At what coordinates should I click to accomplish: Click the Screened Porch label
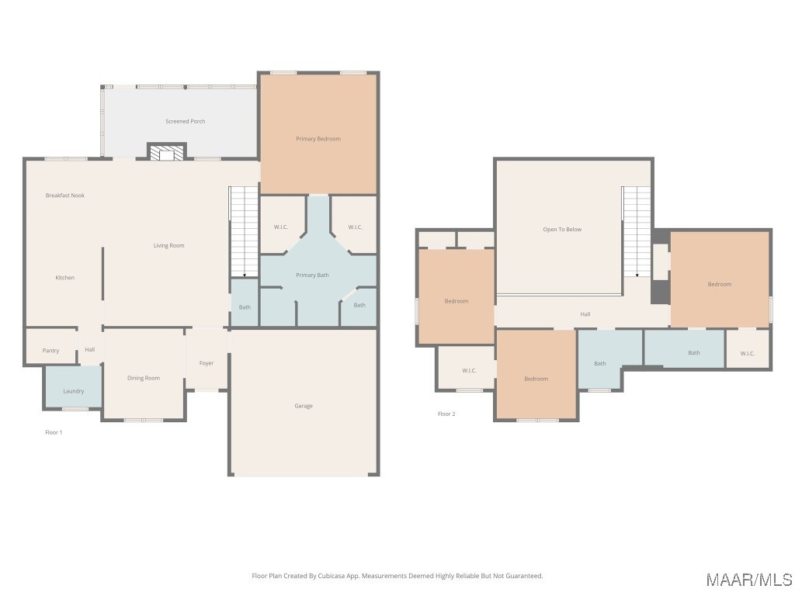click(x=185, y=122)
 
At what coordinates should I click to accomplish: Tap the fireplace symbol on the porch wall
click(x=167, y=152)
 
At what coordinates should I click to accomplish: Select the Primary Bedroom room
click(x=318, y=133)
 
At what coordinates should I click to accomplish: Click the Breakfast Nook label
click(x=65, y=195)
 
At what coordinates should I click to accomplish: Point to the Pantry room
click(x=50, y=346)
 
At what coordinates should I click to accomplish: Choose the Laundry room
click(x=74, y=386)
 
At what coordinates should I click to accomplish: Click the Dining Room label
click(x=144, y=378)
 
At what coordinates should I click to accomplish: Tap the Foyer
click(x=207, y=359)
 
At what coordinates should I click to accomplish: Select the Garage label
click(x=304, y=406)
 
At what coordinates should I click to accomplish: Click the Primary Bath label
click(x=312, y=275)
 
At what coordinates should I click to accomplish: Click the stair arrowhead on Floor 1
click(x=245, y=275)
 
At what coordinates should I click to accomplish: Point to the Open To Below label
click(x=562, y=230)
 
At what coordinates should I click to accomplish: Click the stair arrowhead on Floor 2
click(x=637, y=275)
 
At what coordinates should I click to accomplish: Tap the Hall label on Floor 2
click(x=585, y=314)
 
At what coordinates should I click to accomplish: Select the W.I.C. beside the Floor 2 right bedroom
click(x=748, y=350)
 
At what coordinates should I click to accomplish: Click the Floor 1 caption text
click(x=54, y=432)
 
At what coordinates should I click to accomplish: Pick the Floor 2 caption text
click(x=446, y=414)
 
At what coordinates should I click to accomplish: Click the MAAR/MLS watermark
click(x=749, y=580)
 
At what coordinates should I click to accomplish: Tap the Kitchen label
click(x=65, y=278)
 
